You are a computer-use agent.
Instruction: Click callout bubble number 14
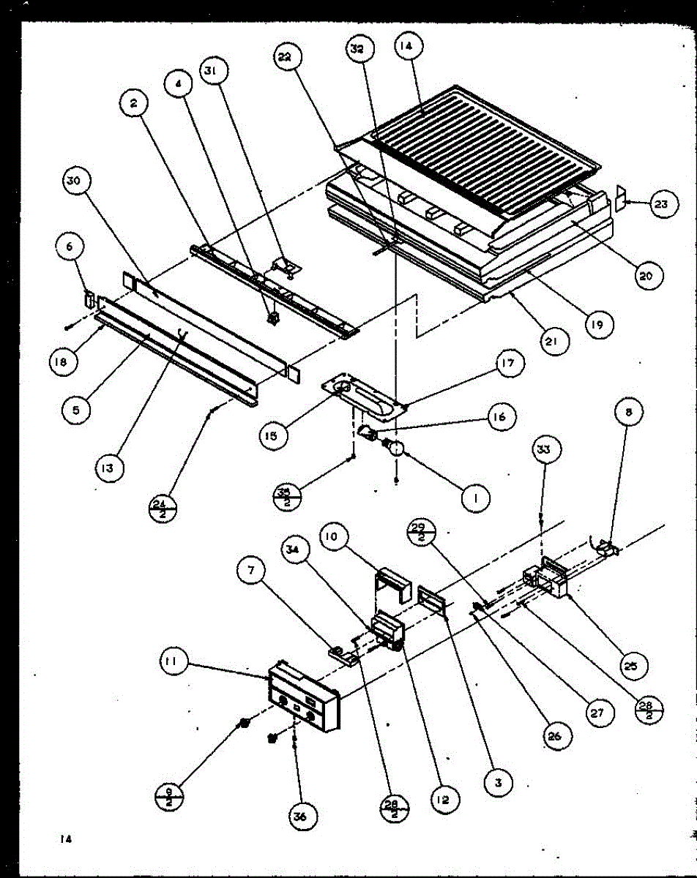tap(407, 46)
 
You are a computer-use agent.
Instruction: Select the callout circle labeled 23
tap(661, 204)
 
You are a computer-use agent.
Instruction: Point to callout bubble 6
tap(69, 247)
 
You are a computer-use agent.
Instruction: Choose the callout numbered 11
tap(173, 664)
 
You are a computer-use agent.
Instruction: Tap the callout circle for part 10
tap(332, 538)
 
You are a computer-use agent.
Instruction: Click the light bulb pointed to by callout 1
tap(395, 447)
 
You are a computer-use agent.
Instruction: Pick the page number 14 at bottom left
tap(66, 839)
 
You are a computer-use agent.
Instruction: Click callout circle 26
tap(553, 737)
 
